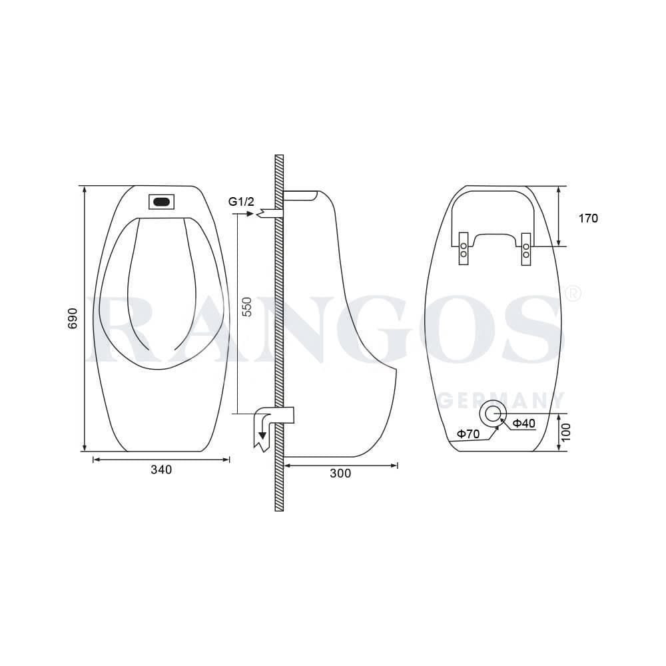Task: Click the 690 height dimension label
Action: [73, 318]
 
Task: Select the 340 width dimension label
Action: [161, 470]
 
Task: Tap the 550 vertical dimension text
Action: [247, 306]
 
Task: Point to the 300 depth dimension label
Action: [340, 474]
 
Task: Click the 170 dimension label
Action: [588, 218]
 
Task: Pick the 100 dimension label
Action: [567, 432]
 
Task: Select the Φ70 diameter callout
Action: [468, 434]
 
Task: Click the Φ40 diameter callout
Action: [524, 424]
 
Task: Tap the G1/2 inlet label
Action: [240, 201]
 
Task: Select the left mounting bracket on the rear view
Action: [464, 248]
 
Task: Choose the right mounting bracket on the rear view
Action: [526, 248]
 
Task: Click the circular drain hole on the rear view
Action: [493, 414]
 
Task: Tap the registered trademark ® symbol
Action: [573, 293]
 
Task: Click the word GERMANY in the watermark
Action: [503, 400]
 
